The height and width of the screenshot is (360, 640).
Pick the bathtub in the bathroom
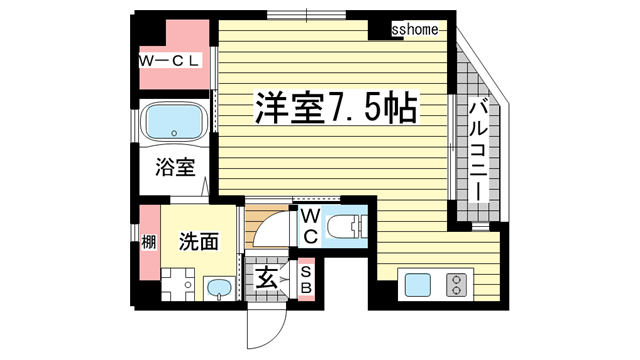pyautogui.click(x=174, y=123)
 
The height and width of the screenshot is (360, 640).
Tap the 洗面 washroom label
pyautogui.click(x=198, y=241)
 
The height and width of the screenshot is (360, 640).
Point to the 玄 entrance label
pyautogui.click(x=267, y=279)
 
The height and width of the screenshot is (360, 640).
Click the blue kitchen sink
pyautogui.click(x=416, y=284)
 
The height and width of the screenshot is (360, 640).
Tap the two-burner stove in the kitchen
pyautogui.click(x=457, y=284)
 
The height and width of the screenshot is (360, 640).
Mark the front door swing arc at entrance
pyautogui.click(x=262, y=318)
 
